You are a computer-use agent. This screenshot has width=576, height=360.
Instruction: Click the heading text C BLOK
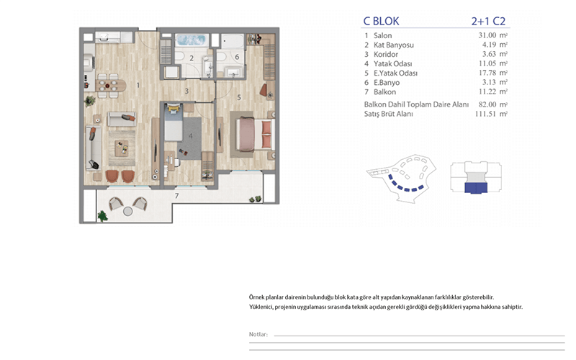tap(381, 22)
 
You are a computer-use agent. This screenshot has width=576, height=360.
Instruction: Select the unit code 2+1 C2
tap(488, 22)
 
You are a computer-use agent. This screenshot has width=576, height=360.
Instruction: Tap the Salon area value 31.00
tap(487, 35)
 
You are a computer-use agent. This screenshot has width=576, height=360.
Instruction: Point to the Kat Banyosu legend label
tap(393, 45)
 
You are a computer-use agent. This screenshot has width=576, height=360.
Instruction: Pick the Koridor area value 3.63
tap(489, 54)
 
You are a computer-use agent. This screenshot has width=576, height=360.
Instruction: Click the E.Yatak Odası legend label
tap(395, 73)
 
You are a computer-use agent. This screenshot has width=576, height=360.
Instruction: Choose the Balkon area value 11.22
tap(487, 91)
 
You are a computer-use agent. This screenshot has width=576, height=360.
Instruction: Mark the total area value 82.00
tap(487, 104)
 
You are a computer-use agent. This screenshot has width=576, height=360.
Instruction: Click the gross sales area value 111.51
tap(485, 114)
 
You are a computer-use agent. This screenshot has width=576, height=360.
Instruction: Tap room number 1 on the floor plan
tap(138, 85)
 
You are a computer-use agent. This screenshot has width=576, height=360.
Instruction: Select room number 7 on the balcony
tap(176, 196)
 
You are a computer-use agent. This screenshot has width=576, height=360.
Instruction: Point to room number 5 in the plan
tap(239, 97)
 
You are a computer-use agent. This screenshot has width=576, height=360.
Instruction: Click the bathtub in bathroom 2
tap(191, 40)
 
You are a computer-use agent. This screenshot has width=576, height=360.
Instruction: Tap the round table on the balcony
tap(128, 211)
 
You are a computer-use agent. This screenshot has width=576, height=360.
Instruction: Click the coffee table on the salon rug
tap(122, 148)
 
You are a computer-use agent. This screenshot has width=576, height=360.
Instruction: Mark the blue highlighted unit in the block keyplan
tap(476, 188)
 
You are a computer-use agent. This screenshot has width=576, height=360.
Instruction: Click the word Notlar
tap(258, 334)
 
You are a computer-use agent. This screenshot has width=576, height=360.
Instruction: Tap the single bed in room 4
tap(174, 123)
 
